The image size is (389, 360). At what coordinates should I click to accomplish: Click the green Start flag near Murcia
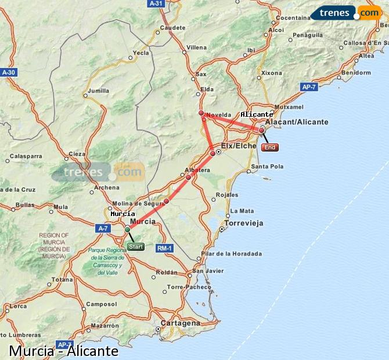(x=135, y=247)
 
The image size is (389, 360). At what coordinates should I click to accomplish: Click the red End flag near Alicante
(x=270, y=147)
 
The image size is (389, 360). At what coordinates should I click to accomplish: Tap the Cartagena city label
(x=180, y=323)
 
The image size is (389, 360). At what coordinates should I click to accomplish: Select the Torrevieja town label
(x=244, y=223)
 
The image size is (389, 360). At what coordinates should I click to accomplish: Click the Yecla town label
(x=141, y=53)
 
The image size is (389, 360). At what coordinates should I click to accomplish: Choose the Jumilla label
(x=99, y=91)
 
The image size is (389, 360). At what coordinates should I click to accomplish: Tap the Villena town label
(x=196, y=47)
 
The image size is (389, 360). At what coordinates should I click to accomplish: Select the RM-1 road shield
(x=165, y=249)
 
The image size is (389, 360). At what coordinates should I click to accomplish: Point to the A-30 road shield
(x=8, y=72)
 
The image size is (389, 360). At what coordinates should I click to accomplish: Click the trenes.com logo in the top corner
(x=345, y=12)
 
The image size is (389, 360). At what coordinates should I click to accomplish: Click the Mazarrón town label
(x=105, y=326)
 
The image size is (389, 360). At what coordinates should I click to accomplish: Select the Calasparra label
(x=26, y=156)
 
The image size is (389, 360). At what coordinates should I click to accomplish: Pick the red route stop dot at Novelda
(x=201, y=113)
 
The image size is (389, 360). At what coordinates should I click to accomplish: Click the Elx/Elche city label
(x=239, y=146)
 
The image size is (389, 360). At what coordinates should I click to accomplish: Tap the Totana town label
(x=62, y=280)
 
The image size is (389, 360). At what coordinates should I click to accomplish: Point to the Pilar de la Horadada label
(x=231, y=254)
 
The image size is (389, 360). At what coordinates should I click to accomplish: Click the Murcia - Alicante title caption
(x=64, y=351)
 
